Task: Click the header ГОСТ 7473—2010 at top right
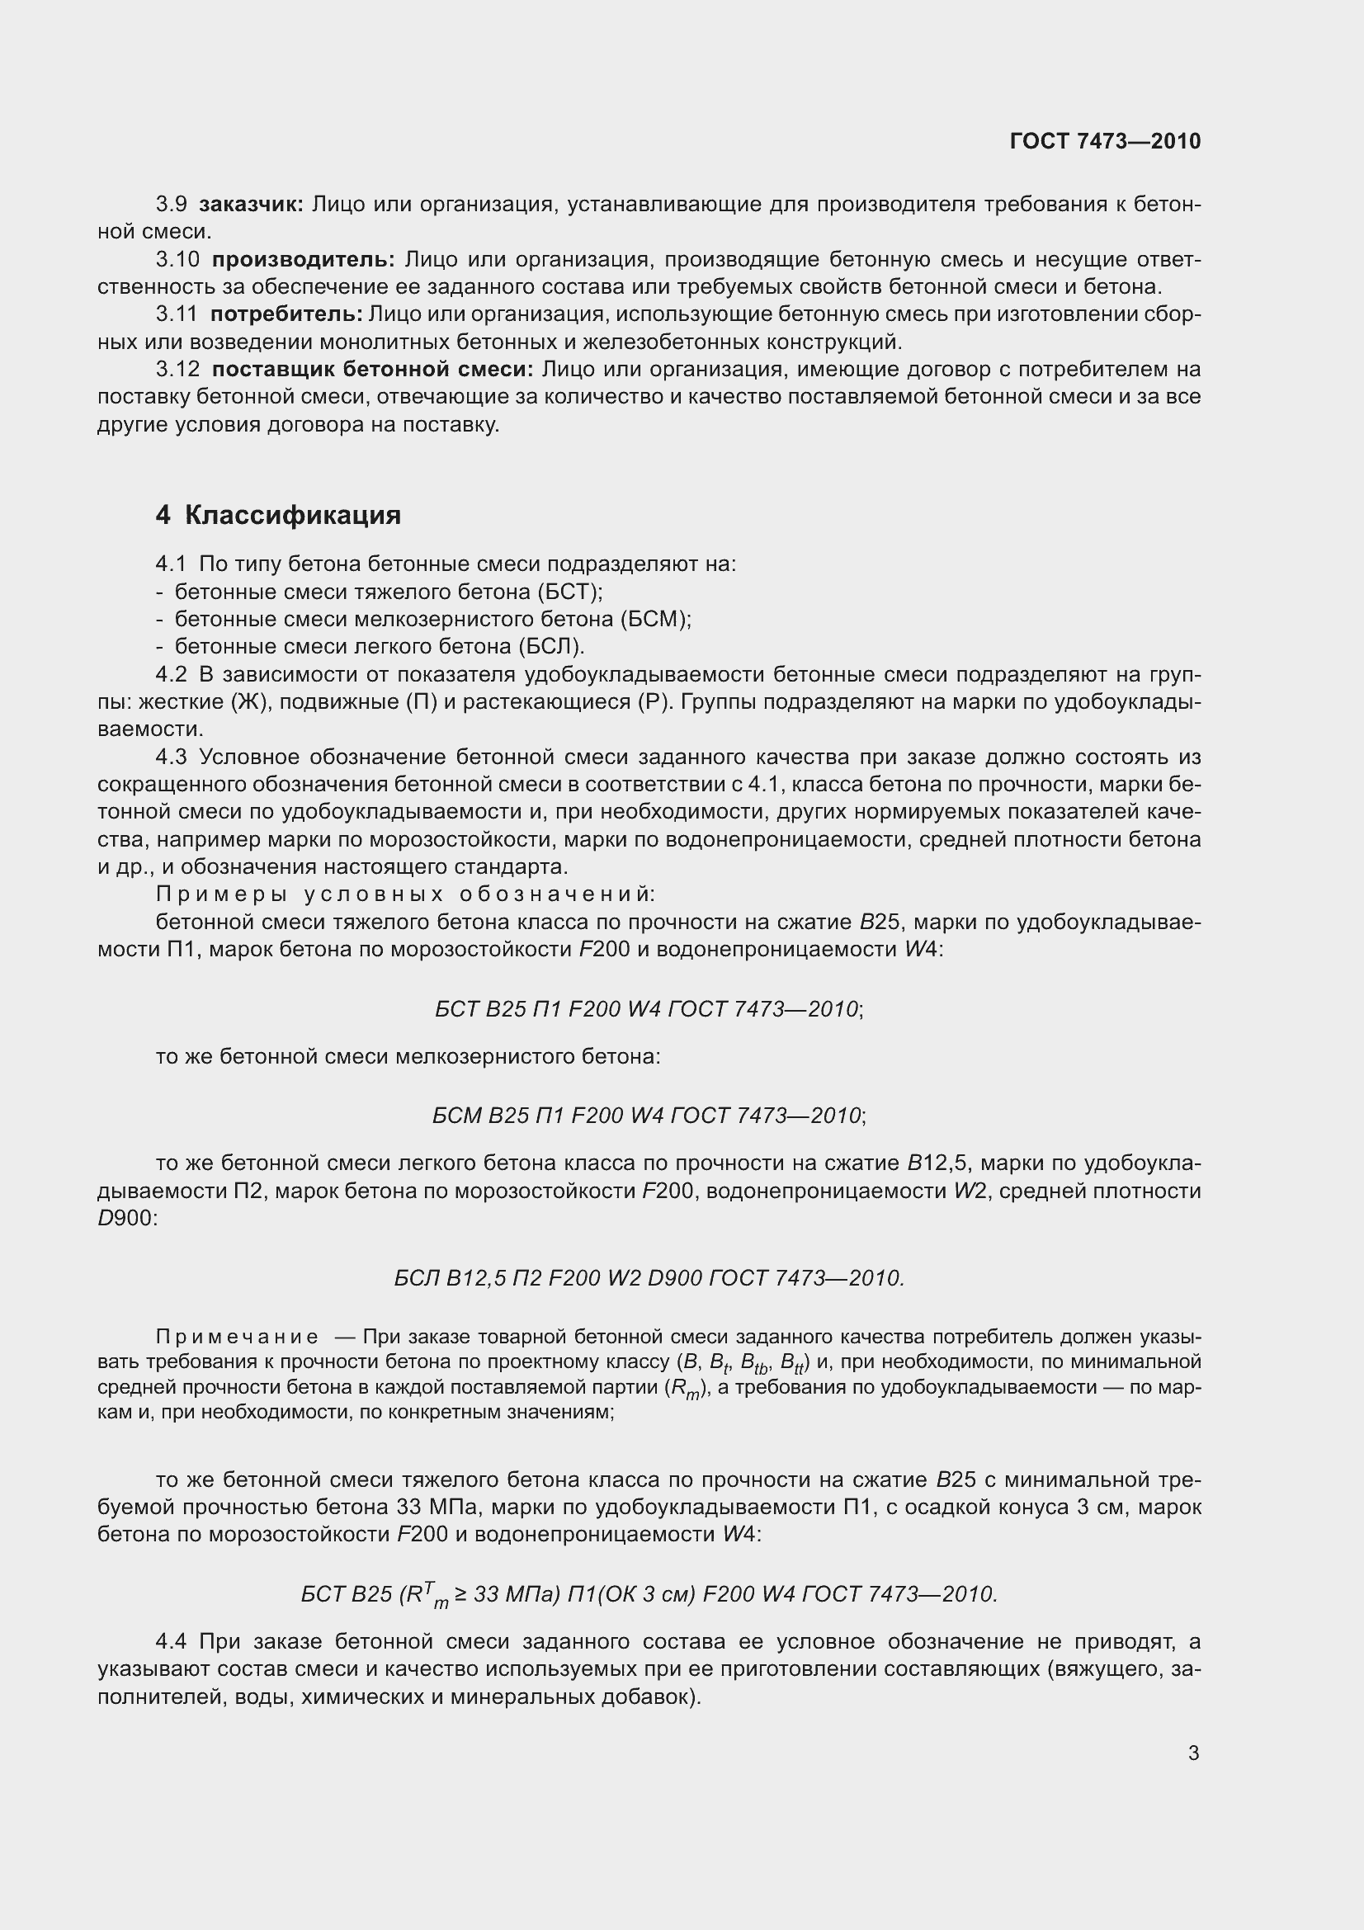(x=1104, y=141)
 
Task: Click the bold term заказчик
(x=252, y=205)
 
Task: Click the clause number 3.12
(x=177, y=369)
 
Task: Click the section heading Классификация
(x=292, y=514)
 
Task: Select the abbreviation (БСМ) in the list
(x=655, y=620)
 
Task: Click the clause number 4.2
(x=172, y=674)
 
